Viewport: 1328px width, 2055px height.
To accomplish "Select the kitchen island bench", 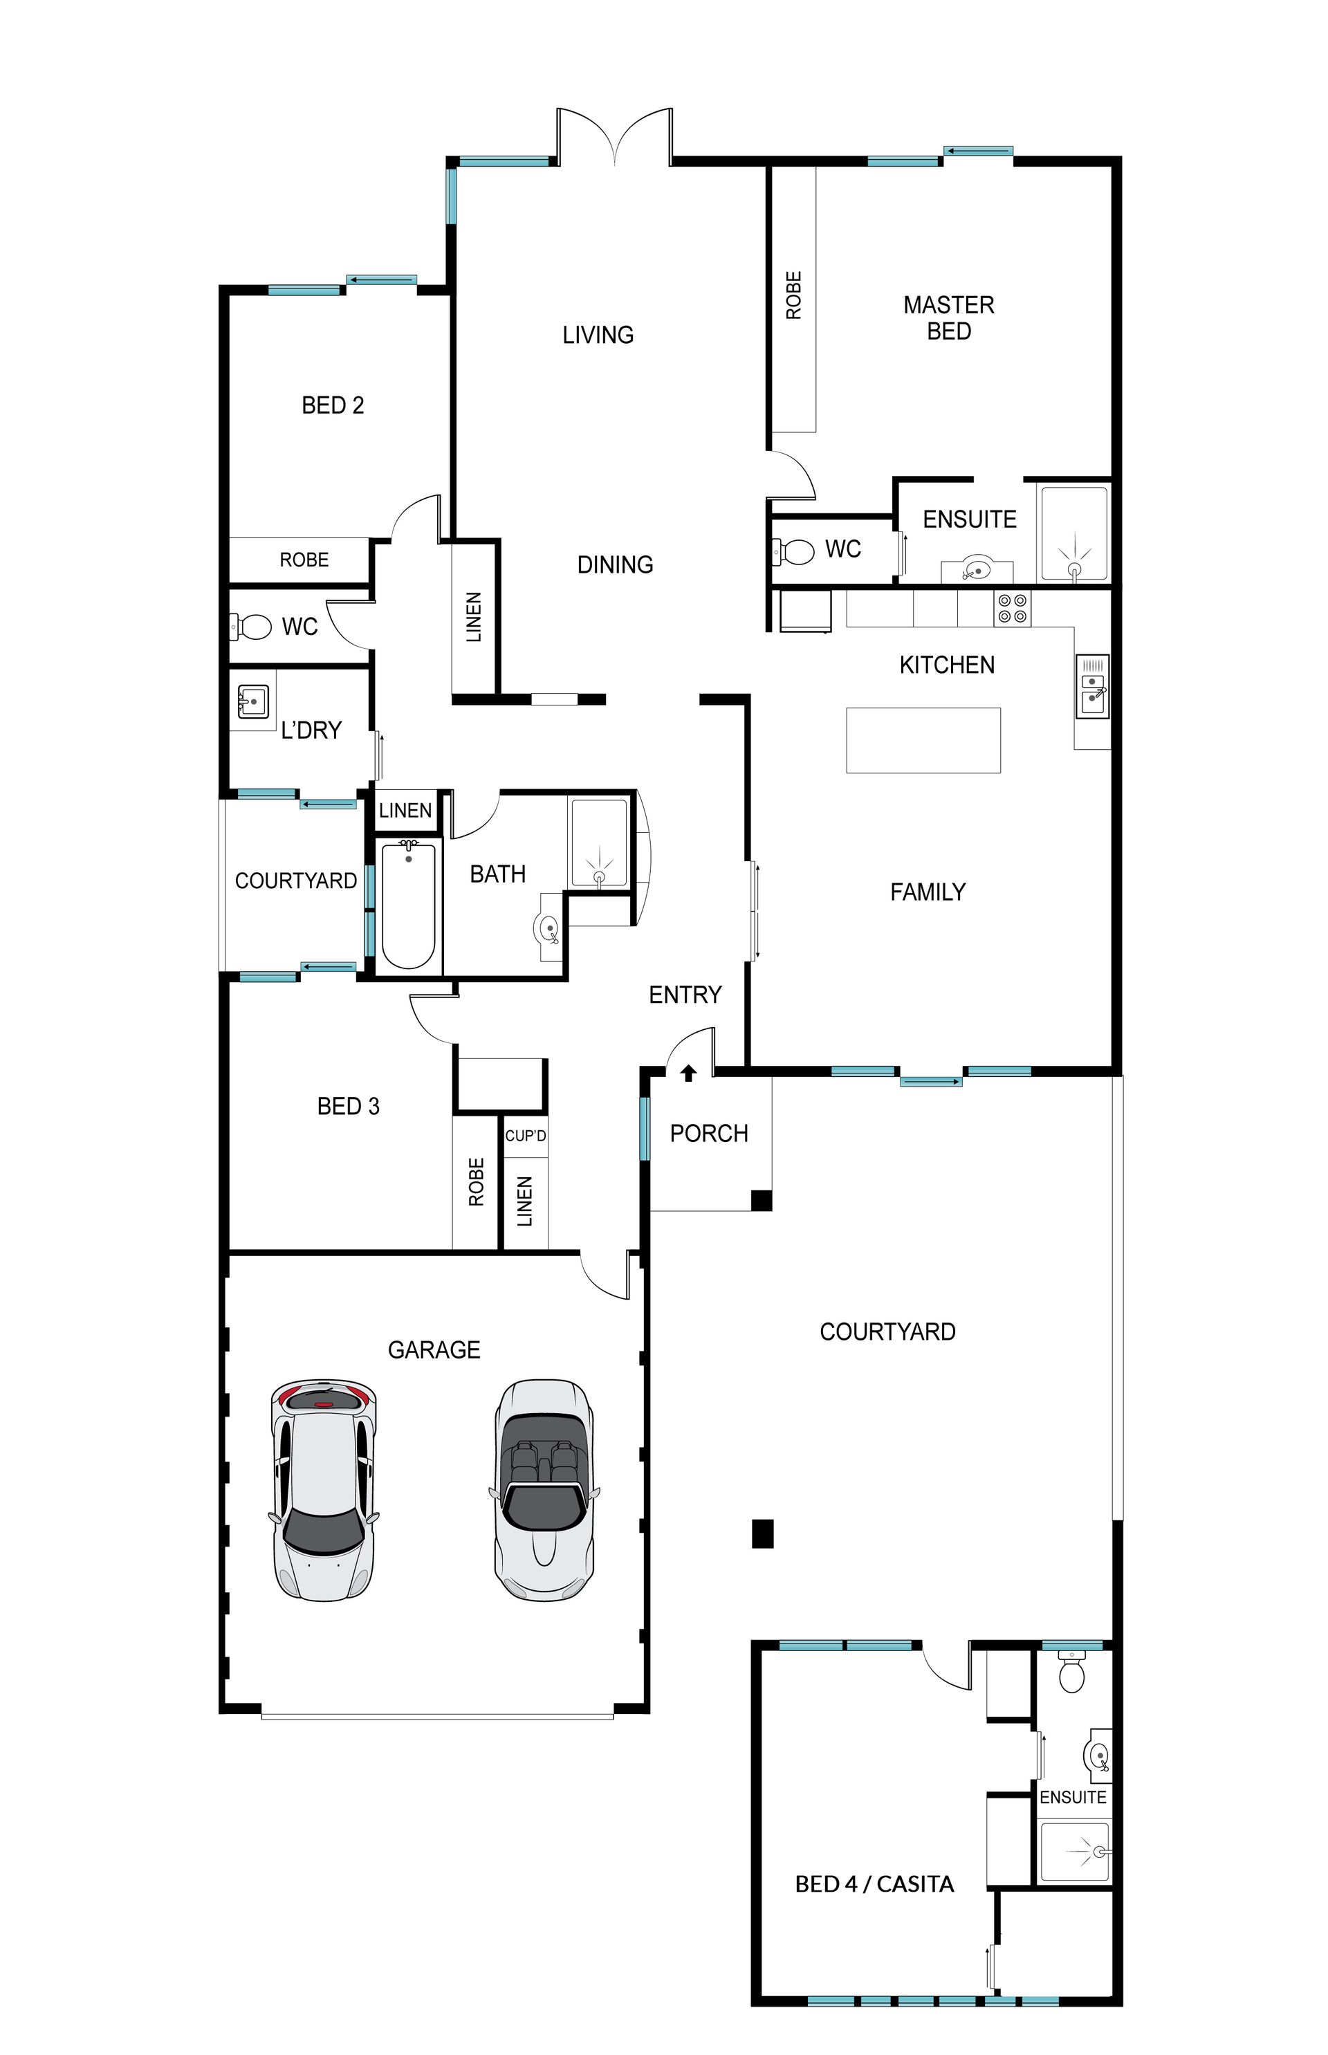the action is tap(923, 740).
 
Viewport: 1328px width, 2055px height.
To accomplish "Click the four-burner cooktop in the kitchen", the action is tap(1013, 608).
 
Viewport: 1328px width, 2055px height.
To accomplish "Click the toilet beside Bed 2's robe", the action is tap(251, 626).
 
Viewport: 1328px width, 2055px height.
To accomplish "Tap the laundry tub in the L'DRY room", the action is tap(252, 702).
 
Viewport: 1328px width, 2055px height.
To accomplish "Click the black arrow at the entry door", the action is tap(688, 1072).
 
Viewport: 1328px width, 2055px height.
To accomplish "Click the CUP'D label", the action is tap(525, 1136).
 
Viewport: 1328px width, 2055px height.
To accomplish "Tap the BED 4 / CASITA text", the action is tap(874, 1884).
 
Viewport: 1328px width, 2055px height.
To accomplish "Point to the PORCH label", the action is tap(709, 1133).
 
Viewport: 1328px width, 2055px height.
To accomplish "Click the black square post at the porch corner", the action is tap(762, 1200).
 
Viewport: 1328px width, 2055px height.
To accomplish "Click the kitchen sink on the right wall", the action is tap(1093, 686).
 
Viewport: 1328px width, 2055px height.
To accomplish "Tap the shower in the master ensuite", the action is tap(1073, 534).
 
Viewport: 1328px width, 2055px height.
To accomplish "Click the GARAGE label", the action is tap(434, 1349).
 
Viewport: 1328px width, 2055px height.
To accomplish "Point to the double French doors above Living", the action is tap(614, 136).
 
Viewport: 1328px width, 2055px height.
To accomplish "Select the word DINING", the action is tap(615, 565).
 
